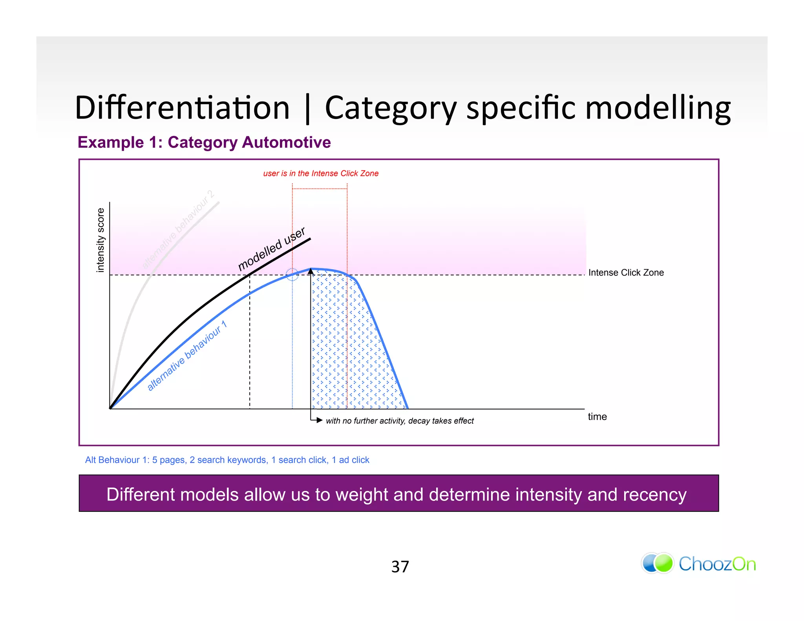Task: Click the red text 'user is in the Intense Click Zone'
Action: pyautogui.click(x=321, y=174)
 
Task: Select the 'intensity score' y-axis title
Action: pyautogui.click(x=100, y=240)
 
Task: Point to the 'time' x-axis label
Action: pyautogui.click(x=597, y=416)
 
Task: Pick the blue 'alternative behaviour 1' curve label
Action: pyautogui.click(x=187, y=356)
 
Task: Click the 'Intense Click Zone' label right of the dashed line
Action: pyautogui.click(x=626, y=273)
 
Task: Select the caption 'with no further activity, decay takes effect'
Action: pyautogui.click(x=400, y=421)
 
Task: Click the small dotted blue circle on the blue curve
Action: pyautogui.click(x=292, y=274)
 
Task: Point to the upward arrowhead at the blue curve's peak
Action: pyautogui.click(x=311, y=271)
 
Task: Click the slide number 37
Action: pyautogui.click(x=400, y=567)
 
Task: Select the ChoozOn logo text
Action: pyautogui.click(x=717, y=564)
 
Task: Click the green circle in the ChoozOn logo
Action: pyautogui.click(x=664, y=563)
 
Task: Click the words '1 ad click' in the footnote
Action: pyautogui.click(x=351, y=460)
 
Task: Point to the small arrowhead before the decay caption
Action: pyautogui.click(x=319, y=420)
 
